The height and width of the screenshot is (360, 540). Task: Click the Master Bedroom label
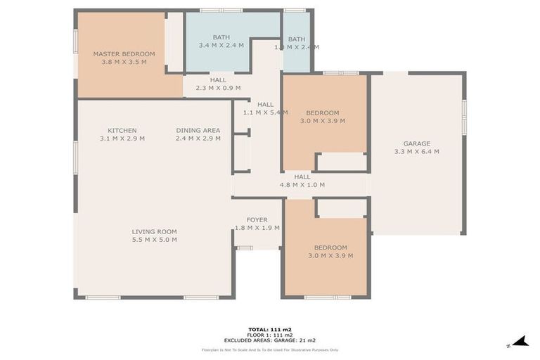coord(124,53)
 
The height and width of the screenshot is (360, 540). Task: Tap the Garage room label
coord(416,143)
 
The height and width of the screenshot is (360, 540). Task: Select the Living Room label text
coord(154,231)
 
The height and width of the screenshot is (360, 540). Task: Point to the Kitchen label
coord(122,130)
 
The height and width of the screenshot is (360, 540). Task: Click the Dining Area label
coord(198,130)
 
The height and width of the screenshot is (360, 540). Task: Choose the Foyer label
coord(257,219)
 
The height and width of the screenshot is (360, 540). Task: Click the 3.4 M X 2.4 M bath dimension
coord(221,46)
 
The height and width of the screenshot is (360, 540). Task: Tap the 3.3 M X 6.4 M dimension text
coord(416,151)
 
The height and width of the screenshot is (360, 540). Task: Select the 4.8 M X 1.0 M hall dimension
coord(302,185)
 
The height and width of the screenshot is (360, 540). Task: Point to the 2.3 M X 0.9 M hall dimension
coord(218,88)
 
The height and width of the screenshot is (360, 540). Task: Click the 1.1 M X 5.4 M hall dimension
coord(265,112)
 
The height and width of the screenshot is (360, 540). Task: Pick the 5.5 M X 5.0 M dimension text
coord(154,240)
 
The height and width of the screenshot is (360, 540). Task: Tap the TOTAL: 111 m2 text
coord(270,329)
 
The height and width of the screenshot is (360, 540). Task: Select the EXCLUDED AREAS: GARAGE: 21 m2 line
coord(270,340)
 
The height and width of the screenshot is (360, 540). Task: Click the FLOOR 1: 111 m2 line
coord(270,335)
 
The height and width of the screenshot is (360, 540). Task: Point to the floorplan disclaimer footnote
coord(270,349)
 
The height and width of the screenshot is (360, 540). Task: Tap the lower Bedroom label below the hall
coord(330,247)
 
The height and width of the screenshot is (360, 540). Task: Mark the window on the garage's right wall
coord(463,117)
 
